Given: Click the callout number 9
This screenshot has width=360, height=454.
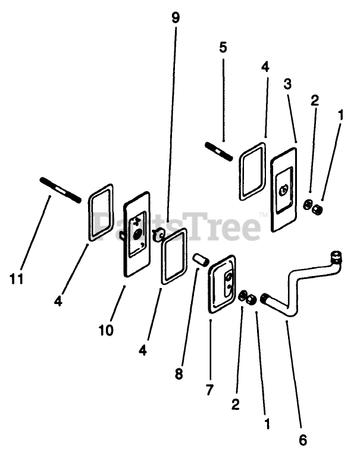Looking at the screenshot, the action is pyautogui.click(x=175, y=18).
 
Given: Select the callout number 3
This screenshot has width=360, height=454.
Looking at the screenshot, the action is pyautogui.click(x=287, y=84).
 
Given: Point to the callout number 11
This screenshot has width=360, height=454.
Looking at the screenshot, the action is pyautogui.click(x=16, y=278).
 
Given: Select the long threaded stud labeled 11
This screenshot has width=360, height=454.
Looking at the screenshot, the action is pyautogui.click(x=60, y=189).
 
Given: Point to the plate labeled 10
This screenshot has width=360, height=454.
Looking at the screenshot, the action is pyautogui.click(x=137, y=233).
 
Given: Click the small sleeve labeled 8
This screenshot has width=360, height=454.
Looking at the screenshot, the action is pyautogui.click(x=200, y=259).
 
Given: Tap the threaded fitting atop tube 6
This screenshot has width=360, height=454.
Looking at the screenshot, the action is pyautogui.click(x=337, y=256).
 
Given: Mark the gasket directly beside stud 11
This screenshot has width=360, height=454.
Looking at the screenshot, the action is pyautogui.click(x=100, y=212).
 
